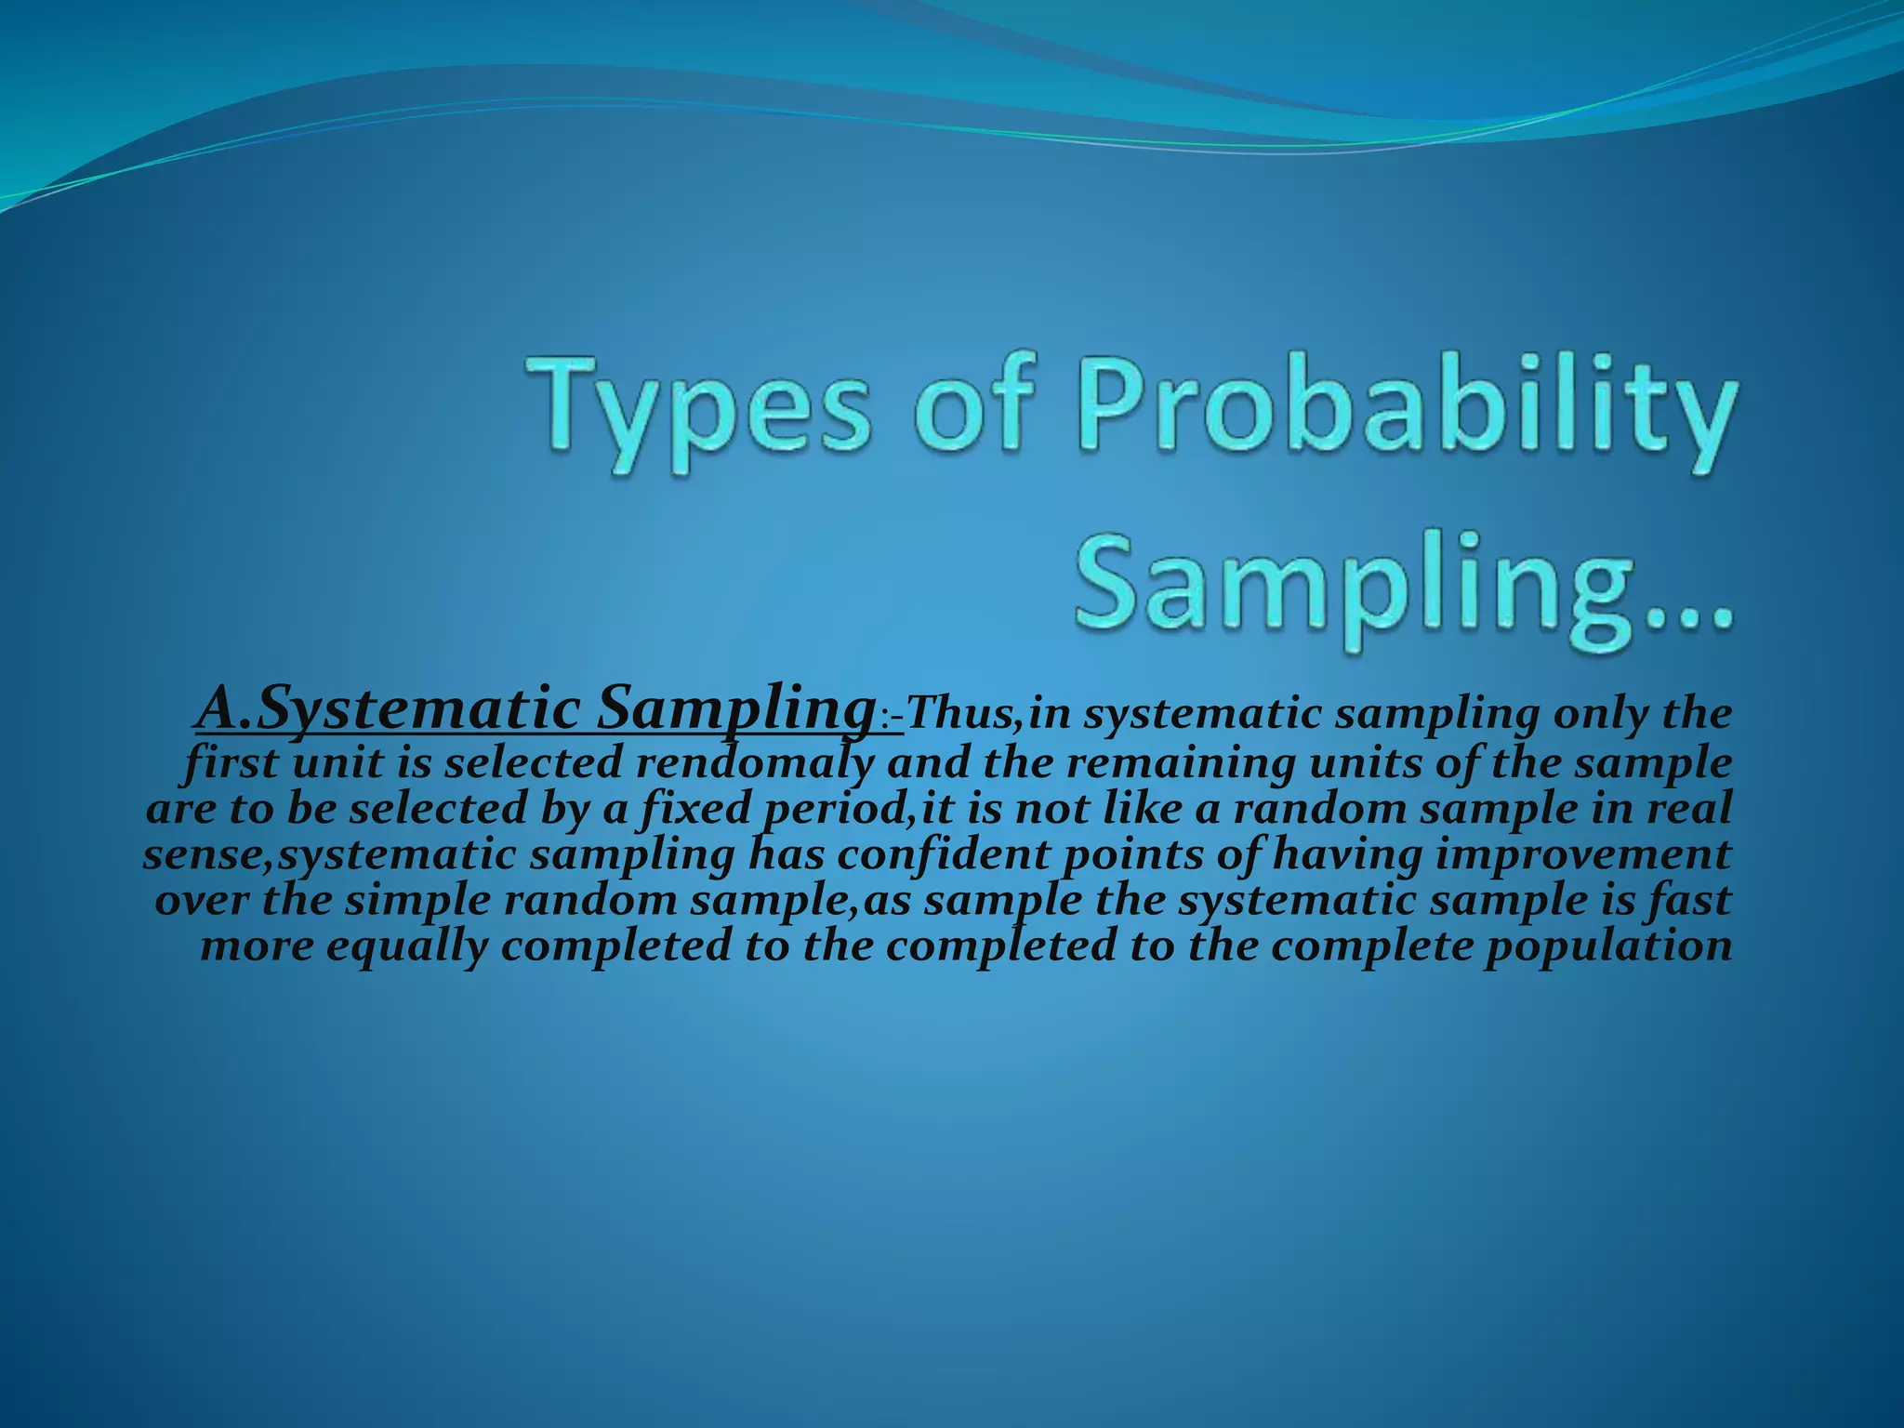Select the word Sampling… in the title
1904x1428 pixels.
point(1404,584)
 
